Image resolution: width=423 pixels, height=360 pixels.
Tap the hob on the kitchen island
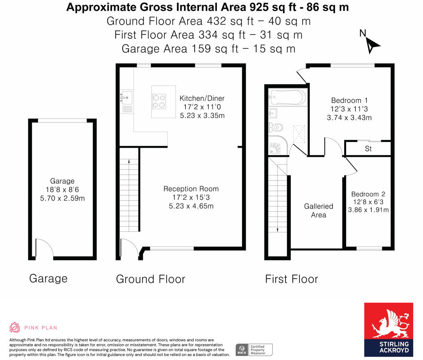point(159,102)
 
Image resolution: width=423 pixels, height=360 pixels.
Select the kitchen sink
point(126,97)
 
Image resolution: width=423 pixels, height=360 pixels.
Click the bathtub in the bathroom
point(288,97)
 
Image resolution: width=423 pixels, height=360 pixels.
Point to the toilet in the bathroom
point(276,127)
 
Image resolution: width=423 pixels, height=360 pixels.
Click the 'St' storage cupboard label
point(368,149)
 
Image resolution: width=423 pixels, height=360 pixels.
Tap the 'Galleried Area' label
point(318,211)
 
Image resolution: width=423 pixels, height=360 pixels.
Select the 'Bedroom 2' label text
point(368,194)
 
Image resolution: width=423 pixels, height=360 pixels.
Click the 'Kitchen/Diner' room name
point(202,98)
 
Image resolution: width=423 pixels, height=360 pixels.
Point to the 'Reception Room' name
point(191,189)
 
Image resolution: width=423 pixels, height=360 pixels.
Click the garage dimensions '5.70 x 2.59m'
point(62,199)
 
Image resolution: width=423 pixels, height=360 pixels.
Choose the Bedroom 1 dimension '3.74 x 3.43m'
point(349,118)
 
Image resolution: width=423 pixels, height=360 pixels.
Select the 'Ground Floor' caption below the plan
point(150,279)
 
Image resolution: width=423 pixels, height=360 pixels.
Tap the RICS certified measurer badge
point(254,350)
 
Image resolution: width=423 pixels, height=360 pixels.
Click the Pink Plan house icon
point(14,327)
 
